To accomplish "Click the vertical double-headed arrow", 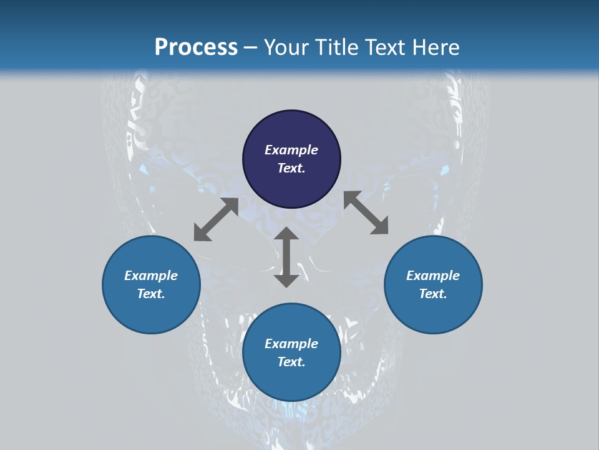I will click(286, 257).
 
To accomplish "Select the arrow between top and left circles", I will click(216, 219).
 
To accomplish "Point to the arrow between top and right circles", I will click(366, 213).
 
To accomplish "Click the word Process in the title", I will click(196, 47).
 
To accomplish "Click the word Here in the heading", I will click(436, 47).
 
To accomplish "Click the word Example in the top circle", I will click(291, 150).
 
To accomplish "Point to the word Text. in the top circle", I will click(291, 168).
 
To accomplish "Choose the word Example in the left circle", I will click(151, 276).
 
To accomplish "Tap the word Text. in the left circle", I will click(151, 294).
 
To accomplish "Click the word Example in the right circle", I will click(433, 276).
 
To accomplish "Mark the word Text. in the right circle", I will click(433, 294).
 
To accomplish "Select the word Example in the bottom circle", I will click(291, 344).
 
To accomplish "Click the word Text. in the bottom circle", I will click(291, 362).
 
